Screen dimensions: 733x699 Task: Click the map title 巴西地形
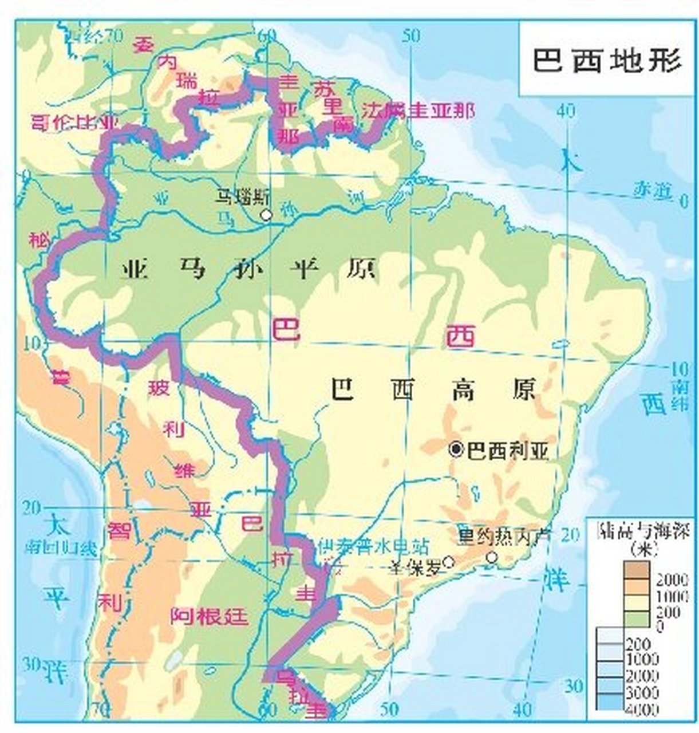(607, 60)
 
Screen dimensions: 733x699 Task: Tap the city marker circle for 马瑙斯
(265, 215)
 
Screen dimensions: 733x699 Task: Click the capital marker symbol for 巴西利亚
(456, 450)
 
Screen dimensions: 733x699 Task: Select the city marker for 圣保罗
(450, 562)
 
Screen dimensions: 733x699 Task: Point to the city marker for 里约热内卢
(491, 557)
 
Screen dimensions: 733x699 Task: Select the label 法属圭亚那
(418, 111)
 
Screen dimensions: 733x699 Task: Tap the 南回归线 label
(60, 548)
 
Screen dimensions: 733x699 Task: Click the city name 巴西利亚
(507, 451)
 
